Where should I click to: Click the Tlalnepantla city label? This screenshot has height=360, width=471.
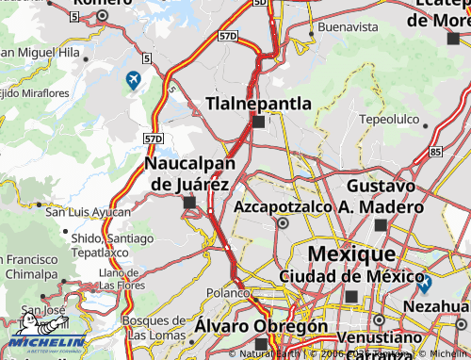[x=258, y=103]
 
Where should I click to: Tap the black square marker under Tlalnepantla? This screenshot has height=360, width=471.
[x=258, y=122]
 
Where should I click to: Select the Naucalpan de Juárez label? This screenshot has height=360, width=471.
[x=189, y=173]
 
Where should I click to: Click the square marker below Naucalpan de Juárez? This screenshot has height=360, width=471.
[x=189, y=202]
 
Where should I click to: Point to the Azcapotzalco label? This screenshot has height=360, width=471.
[x=282, y=205]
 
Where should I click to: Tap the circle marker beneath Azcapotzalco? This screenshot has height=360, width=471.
[x=282, y=223]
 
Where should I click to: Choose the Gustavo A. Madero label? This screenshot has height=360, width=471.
[x=381, y=196]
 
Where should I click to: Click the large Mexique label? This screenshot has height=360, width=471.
[x=351, y=254]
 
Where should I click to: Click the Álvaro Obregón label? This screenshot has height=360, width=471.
[x=261, y=325]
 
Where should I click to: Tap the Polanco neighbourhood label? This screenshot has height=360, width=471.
[x=226, y=292]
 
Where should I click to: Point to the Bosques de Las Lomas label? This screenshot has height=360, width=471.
[x=154, y=327]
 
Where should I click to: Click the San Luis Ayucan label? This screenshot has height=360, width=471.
[x=88, y=212]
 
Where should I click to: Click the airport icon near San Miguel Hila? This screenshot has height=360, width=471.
[x=133, y=79]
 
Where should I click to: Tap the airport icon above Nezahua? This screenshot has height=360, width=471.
[x=425, y=282]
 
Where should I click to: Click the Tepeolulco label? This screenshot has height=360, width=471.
[x=388, y=120]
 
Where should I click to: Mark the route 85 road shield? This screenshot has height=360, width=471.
[x=434, y=151]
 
